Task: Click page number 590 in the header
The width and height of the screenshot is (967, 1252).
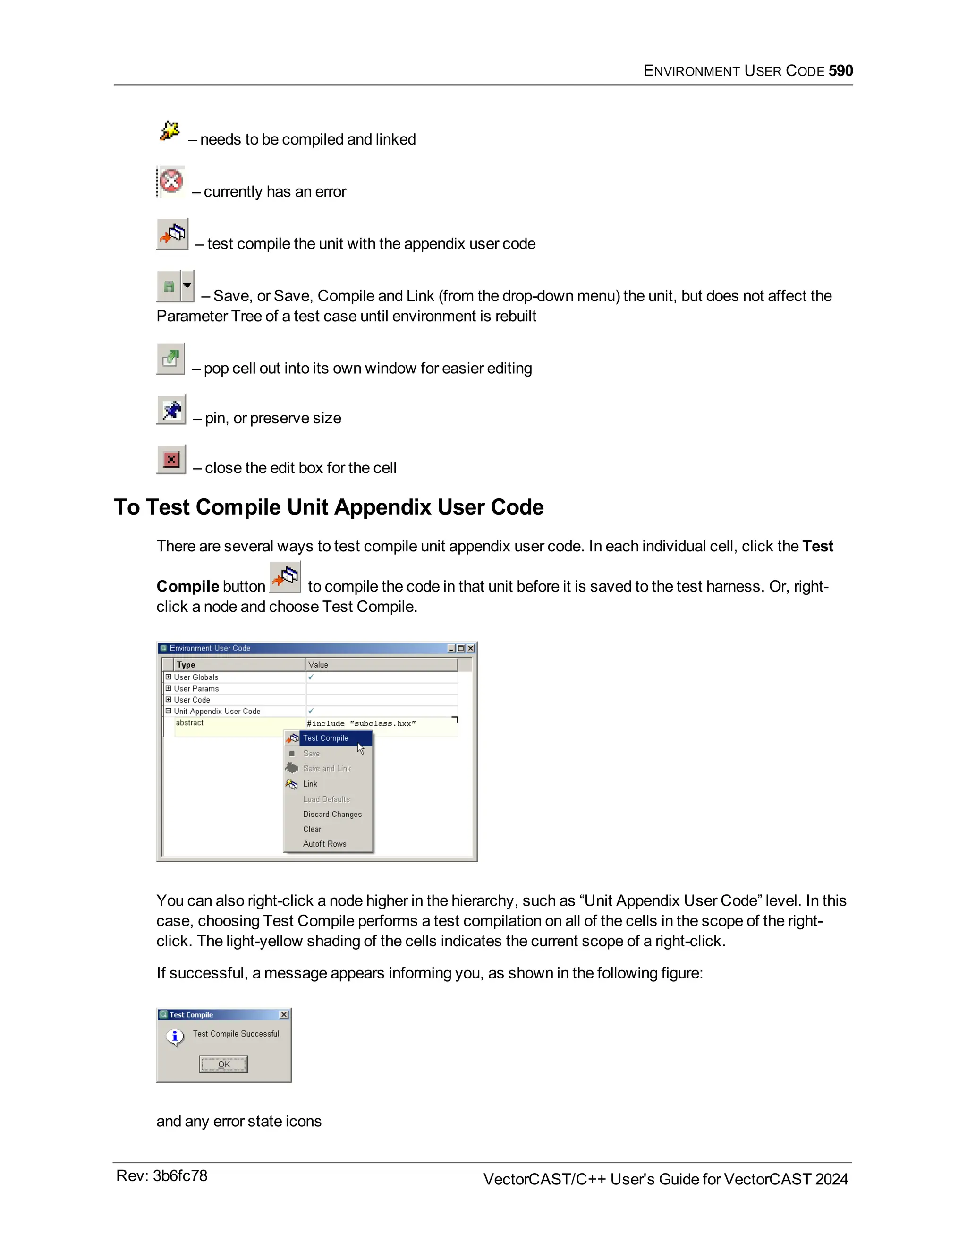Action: point(840,70)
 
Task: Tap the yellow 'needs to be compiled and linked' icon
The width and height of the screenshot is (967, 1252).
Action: point(170,131)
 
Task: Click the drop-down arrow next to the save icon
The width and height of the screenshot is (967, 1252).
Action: point(187,285)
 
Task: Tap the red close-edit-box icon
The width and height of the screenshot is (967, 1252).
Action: point(171,459)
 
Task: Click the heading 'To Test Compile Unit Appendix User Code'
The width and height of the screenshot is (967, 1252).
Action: point(328,507)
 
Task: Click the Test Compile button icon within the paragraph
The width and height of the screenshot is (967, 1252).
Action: point(285,577)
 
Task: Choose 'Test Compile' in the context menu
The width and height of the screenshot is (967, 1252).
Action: point(325,738)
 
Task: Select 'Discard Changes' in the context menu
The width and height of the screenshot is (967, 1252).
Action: point(332,814)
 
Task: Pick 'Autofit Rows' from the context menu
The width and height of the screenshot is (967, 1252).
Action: point(324,844)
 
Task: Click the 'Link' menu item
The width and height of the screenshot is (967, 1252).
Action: point(310,784)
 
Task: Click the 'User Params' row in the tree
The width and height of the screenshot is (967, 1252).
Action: point(196,688)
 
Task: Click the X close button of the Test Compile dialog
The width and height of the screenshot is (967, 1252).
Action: point(284,1015)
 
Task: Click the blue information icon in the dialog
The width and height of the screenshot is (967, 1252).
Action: point(175,1037)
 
